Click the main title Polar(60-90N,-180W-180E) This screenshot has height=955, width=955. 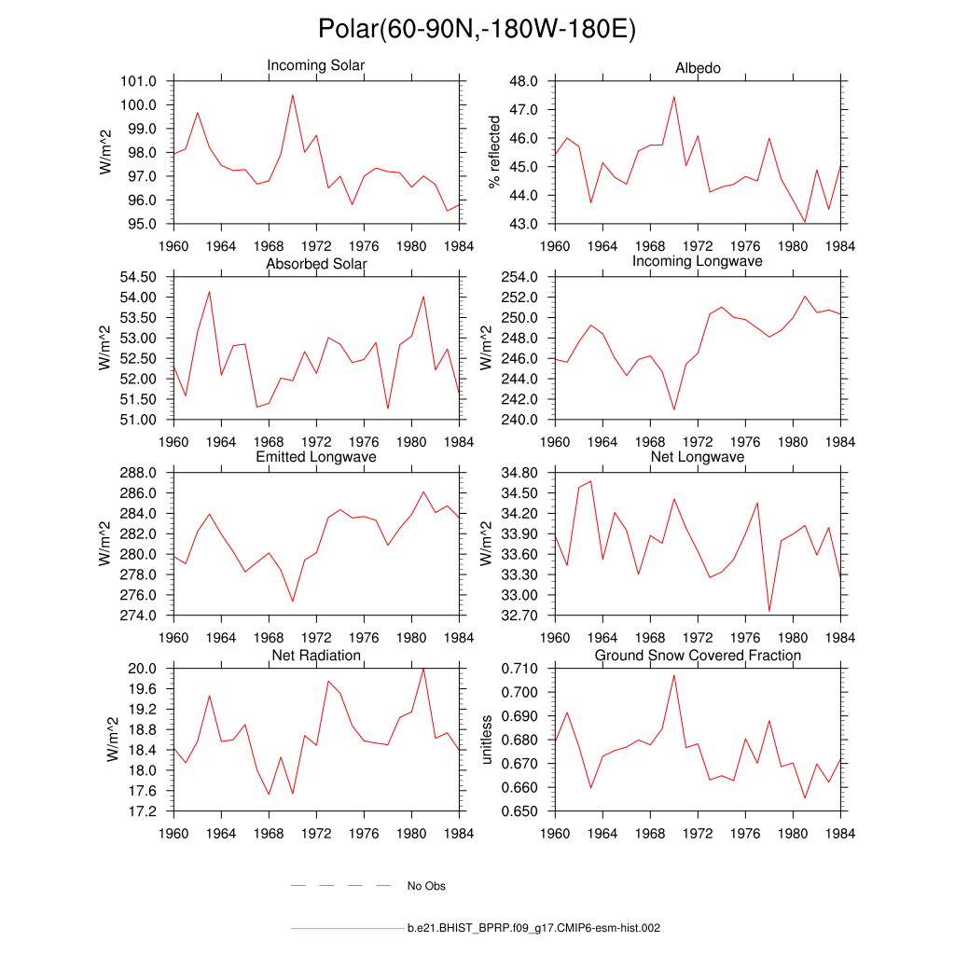click(x=477, y=29)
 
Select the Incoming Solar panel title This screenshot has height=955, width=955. click(x=316, y=65)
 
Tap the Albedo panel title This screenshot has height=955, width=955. click(x=698, y=68)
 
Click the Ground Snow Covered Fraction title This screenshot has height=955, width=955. click(x=698, y=656)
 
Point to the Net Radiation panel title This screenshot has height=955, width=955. click(x=316, y=656)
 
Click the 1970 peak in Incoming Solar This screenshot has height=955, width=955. click(x=293, y=94)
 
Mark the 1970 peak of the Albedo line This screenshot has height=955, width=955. click(x=674, y=96)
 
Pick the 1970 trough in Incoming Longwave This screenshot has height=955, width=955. click(x=674, y=409)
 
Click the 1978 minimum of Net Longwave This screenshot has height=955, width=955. click(x=769, y=611)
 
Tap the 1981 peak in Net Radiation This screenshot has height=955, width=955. click(x=423, y=668)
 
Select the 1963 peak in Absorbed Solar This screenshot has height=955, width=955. click(x=209, y=291)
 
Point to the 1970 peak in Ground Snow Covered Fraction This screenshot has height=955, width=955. click(x=674, y=674)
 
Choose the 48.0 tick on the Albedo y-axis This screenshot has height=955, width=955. click(x=524, y=81)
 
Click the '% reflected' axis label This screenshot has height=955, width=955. click(x=494, y=152)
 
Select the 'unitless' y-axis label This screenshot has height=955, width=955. click(x=486, y=740)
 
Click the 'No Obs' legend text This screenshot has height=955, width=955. click(x=426, y=886)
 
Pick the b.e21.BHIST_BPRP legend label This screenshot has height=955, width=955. click(x=534, y=929)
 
